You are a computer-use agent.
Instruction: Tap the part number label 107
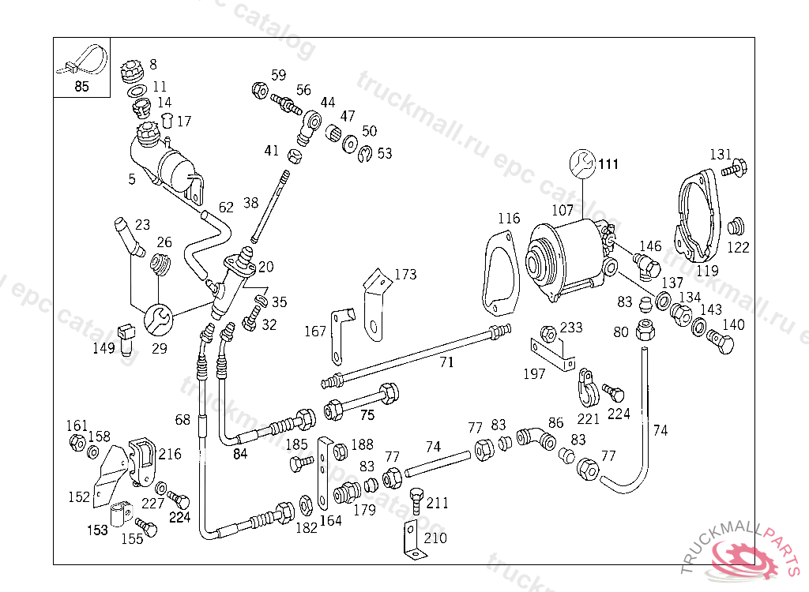coord(563,211)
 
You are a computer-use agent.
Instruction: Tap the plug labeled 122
coord(736,226)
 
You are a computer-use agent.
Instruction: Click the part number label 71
coord(447,362)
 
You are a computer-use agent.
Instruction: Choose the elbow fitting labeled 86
coord(536,438)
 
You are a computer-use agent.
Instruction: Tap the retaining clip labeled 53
coord(365,154)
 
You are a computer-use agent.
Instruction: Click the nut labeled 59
coord(259,91)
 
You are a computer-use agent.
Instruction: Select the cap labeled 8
coord(130,72)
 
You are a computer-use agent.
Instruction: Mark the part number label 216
coord(170,455)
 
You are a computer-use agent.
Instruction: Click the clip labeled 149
coord(126,339)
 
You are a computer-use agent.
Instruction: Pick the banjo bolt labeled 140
coord(721,342)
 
